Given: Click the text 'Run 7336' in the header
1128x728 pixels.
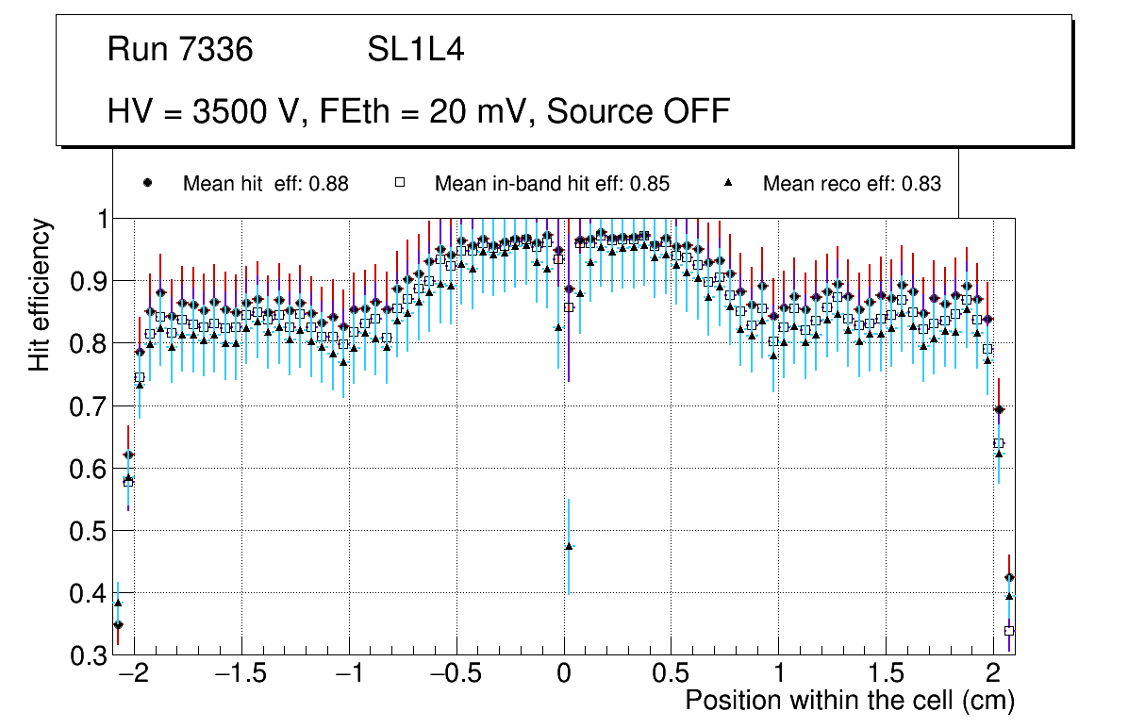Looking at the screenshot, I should click(180, 50).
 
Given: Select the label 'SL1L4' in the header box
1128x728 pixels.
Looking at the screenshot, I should click(415, 50).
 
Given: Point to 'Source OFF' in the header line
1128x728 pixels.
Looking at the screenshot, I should click(639, 111).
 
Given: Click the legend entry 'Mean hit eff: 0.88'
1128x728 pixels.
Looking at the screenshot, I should click(265, 184).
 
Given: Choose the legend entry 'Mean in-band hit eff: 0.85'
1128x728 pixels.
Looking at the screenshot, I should click(552, 184).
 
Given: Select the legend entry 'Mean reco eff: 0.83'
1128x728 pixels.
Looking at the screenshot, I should click(851, 184).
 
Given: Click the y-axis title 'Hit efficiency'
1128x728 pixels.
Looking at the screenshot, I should click(41, 294).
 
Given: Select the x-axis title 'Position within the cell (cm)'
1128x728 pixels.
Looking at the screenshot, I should click(849, 701).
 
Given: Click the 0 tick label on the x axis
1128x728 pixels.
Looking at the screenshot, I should click(564, 675).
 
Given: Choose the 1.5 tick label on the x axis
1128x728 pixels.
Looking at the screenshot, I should click(886, 675).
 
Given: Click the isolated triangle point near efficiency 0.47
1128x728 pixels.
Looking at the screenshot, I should click(569, 546).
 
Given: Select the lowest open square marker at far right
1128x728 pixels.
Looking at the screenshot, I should click(1009, 630).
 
